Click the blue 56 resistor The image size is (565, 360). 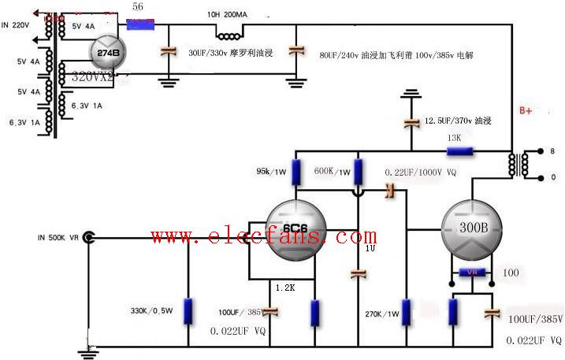[139, 23]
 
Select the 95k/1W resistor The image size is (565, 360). [296, 171]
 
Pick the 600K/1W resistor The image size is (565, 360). [358, 170]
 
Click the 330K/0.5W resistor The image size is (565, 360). [188, 310]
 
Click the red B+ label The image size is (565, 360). [526, 111]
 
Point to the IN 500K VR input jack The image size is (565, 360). [89, 236]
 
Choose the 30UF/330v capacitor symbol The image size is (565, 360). [167, 51]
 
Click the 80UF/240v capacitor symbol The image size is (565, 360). [296, 50]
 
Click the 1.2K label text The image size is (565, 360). [284, 288]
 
